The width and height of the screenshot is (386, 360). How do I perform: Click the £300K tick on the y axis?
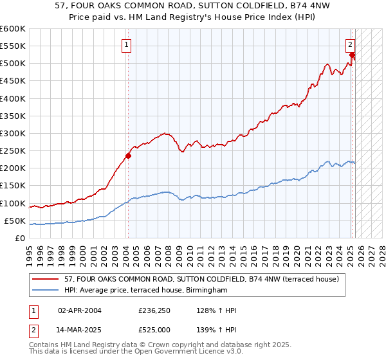point(13,133)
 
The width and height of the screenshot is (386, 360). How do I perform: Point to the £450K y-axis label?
point(13,81)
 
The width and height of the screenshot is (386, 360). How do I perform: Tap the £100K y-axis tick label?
point(13,203)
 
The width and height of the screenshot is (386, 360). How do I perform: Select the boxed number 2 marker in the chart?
point(350,45)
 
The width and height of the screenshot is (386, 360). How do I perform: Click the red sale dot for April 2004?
point(128,155)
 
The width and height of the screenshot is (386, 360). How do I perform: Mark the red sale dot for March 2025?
point(353,55)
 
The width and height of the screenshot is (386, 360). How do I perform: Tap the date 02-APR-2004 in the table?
point(80,310)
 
